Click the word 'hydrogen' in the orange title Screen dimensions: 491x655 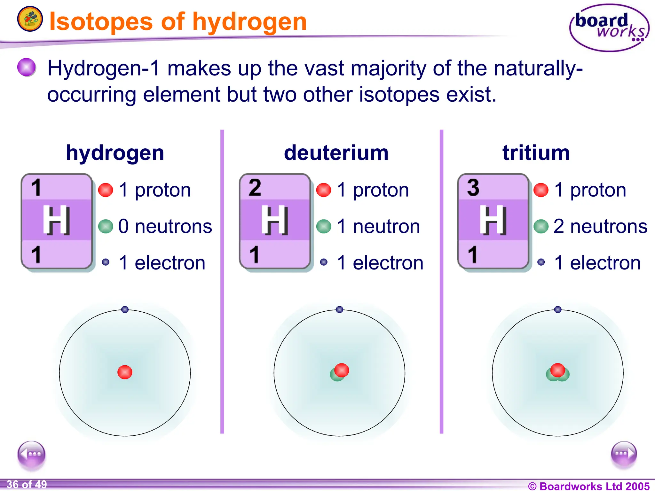[x=249, y=22]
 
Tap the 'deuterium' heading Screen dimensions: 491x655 [x=336, y=153]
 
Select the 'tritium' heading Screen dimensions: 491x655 [x=536, y=153]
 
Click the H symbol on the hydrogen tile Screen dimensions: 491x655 [x=57, y=220]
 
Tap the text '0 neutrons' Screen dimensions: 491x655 [x=165, y=226]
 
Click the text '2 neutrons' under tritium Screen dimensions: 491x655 [x=600, y=226]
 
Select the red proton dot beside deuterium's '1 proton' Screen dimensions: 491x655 [x=324, y=190]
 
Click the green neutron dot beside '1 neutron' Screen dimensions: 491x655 [x=324, y=226]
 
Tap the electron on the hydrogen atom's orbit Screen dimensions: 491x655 [x=125, y=309]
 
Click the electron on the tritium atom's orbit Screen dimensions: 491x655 [x=558, y=309]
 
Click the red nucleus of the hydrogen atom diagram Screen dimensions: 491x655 [x=125, y=372]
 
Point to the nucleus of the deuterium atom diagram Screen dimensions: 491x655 [x=340, y=372]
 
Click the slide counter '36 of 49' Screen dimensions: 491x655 [x=27, y=485]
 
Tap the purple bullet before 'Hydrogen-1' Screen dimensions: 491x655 [x=27, y=67]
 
